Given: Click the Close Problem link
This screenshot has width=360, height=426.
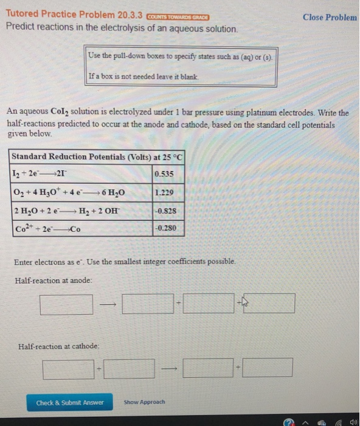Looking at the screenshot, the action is (330, 17).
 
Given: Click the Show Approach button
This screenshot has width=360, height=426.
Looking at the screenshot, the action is (140, 402).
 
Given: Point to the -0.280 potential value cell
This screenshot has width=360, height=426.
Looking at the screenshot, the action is (168, 229).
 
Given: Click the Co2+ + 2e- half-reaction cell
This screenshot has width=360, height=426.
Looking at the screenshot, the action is (80, 229).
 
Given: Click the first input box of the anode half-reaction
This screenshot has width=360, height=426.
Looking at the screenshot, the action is (66, 303).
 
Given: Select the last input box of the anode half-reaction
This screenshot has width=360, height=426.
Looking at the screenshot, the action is (269, 303).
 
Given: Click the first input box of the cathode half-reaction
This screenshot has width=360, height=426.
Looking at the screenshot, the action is (68, 368).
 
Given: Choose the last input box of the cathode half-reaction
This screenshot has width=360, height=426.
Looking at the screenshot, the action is (268, 368).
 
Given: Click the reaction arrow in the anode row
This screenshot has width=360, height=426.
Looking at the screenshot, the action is (108, 303).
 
